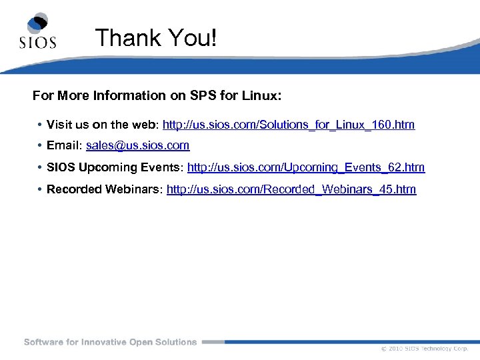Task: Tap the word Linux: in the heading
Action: (x=261, y=96)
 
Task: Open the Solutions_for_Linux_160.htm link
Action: (x=289, y=125)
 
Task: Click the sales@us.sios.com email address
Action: (x=138, y=145)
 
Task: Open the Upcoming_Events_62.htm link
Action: (x=306, y=167)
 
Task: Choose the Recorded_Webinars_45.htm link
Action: (x=291, y=189)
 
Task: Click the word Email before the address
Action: (x=63, y=145)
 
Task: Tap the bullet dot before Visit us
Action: (x=40, y=125)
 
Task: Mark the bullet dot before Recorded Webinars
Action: (x=40, y=189)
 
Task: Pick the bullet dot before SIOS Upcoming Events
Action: (x=40, y=167)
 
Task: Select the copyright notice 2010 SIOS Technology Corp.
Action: (x=424, y=349)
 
